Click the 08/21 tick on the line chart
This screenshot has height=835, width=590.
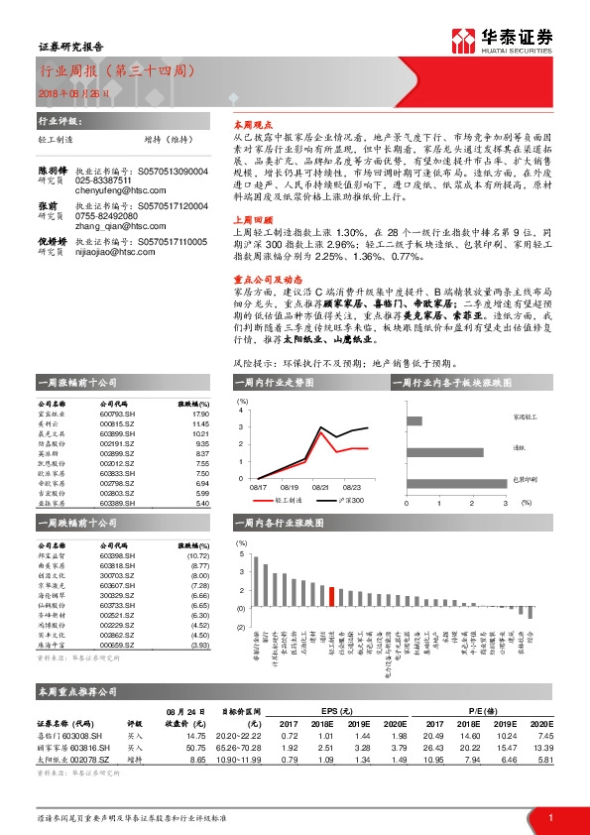coord(320,488)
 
